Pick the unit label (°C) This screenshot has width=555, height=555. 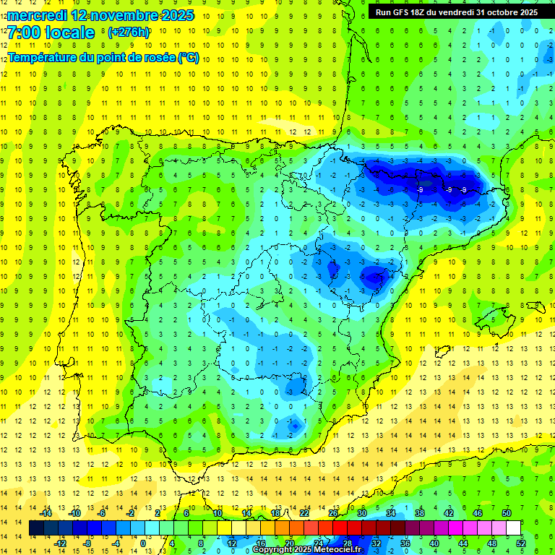click(189, 58)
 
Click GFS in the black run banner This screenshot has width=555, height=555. click(404, 12)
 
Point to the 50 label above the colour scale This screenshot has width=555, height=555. click(507, 513)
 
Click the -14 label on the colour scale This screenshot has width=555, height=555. click(46, 513)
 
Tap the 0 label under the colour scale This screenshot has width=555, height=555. click(143, 543)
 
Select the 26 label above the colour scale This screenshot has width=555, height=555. click(333, 513)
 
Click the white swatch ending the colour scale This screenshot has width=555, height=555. click(514, 528)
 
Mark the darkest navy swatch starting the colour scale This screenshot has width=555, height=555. click(36, 528)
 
